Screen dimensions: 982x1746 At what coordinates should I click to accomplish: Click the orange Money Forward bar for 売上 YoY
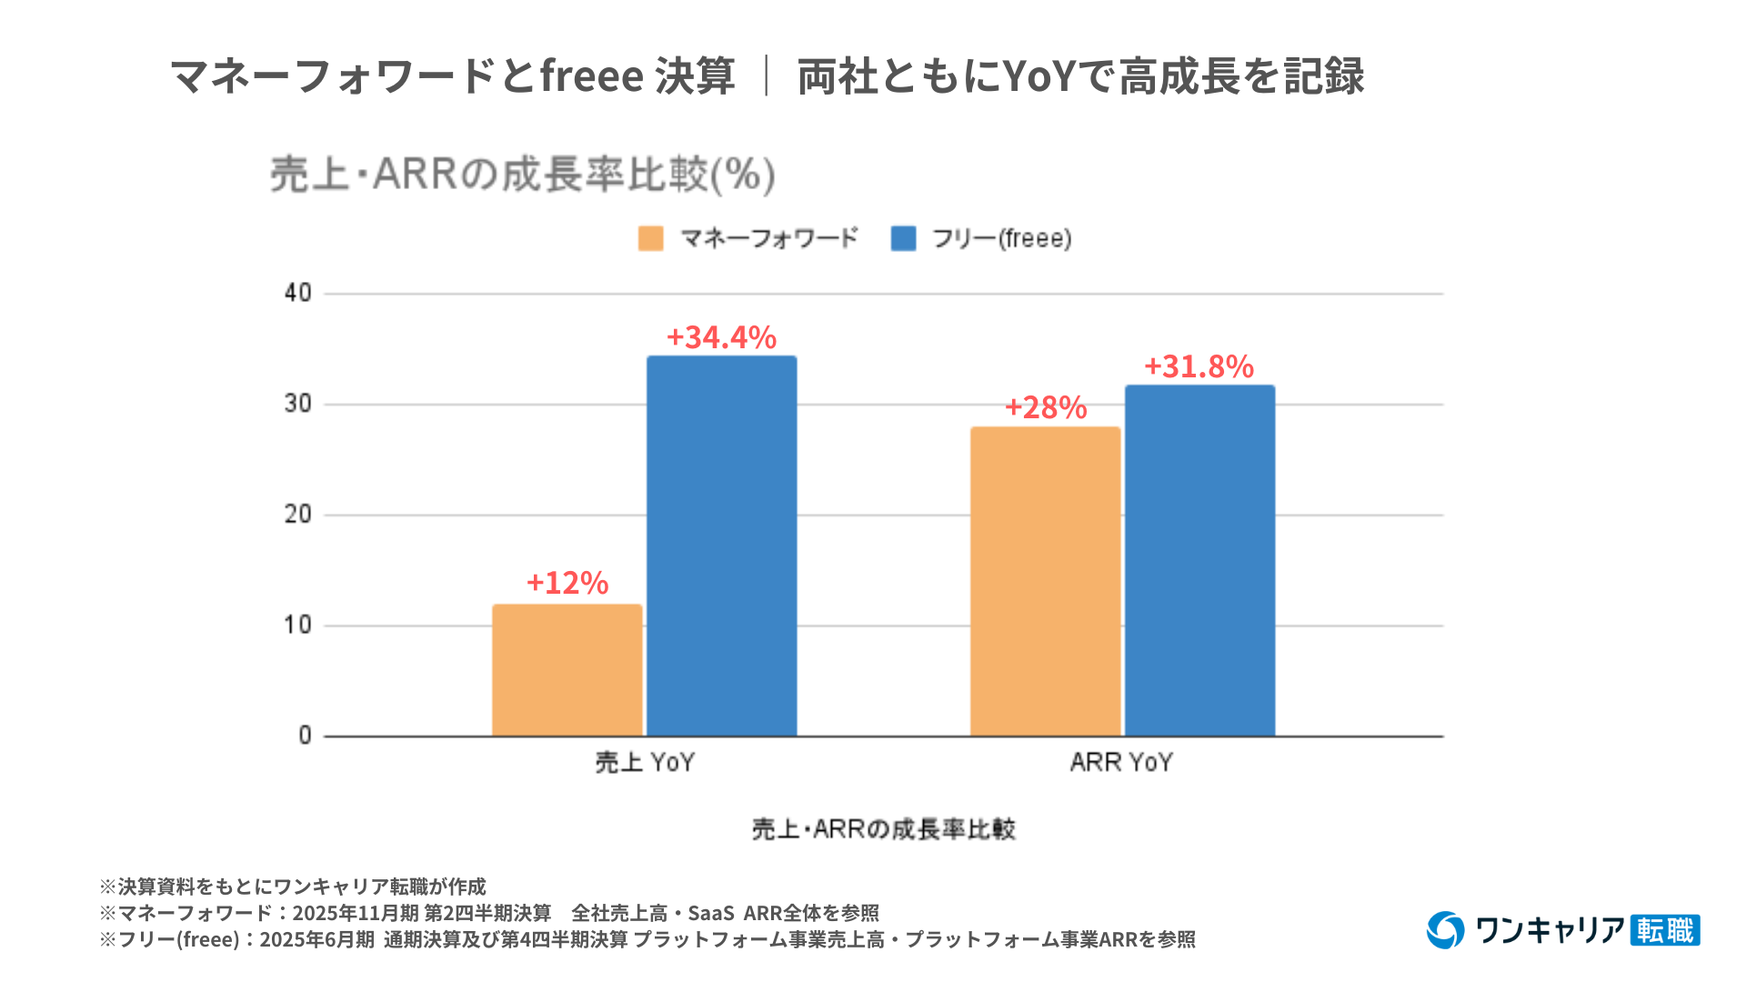coord(567,670)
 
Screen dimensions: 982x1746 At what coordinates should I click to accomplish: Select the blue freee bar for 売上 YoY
coord(721,546)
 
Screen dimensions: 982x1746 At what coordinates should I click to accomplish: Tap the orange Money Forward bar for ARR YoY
coord(1045,581)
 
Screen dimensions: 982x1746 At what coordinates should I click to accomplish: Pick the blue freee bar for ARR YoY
coord(1199,560)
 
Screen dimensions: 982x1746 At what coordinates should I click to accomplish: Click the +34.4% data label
coord(721,337)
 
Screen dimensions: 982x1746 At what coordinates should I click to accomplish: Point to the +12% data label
coord(567,583)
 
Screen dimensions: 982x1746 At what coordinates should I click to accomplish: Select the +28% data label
coord(1045,407)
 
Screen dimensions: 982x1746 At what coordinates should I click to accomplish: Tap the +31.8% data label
coord(1199,366)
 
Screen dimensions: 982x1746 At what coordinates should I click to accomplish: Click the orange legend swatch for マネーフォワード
coord(650,238)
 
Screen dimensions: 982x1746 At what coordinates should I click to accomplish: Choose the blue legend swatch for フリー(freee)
coord(903,238)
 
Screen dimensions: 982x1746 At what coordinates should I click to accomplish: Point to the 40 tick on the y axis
coord(297,293)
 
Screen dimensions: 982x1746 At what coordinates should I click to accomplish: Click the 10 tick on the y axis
coord(297,626)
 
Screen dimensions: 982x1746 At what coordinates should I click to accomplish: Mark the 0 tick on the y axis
coord(305,736)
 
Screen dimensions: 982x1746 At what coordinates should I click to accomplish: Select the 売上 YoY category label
coord(645,762)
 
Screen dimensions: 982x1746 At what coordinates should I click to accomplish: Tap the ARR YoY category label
coord(1121,762)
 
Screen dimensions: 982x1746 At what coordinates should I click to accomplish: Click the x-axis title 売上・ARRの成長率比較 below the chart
coord(883,829)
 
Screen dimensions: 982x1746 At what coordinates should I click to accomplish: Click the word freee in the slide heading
coord(592,75)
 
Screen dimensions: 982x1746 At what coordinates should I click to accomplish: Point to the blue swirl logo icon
coord(1445,929)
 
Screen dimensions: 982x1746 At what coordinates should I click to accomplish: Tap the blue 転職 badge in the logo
coord(1665,930)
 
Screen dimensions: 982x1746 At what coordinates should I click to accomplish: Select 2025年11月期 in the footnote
coord(356,913)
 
